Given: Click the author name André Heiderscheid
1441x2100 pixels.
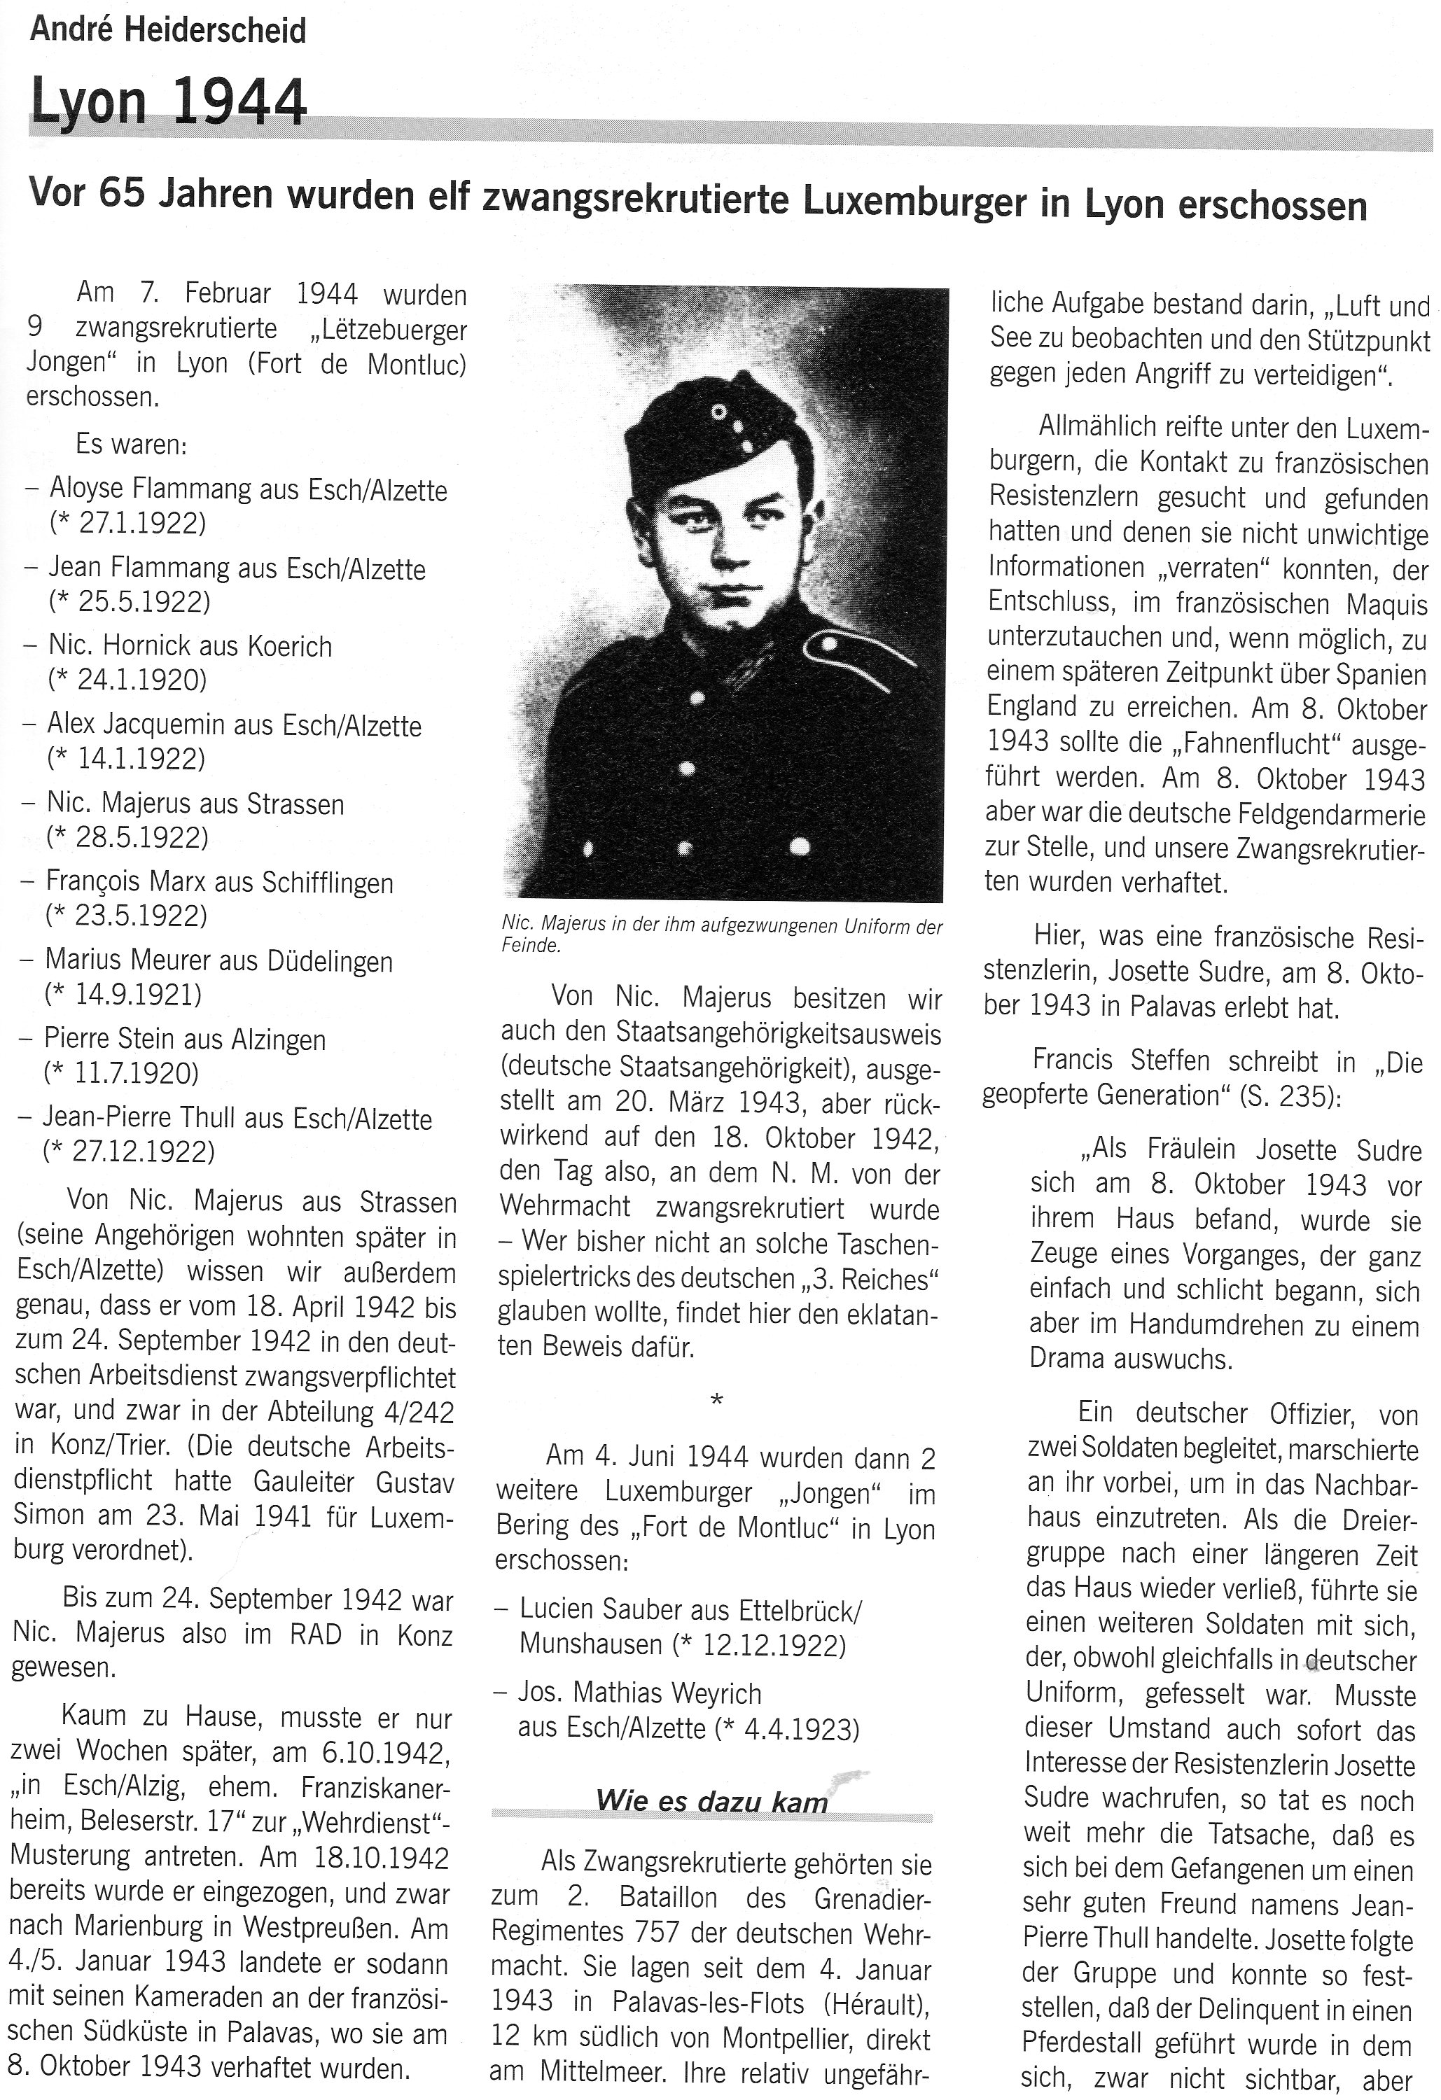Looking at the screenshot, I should pos(168,31).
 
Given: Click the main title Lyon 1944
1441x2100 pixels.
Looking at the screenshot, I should pos(169,103).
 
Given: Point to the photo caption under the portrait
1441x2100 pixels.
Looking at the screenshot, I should pos(721,936).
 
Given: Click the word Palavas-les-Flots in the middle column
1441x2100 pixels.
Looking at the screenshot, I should pos(708,2003).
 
